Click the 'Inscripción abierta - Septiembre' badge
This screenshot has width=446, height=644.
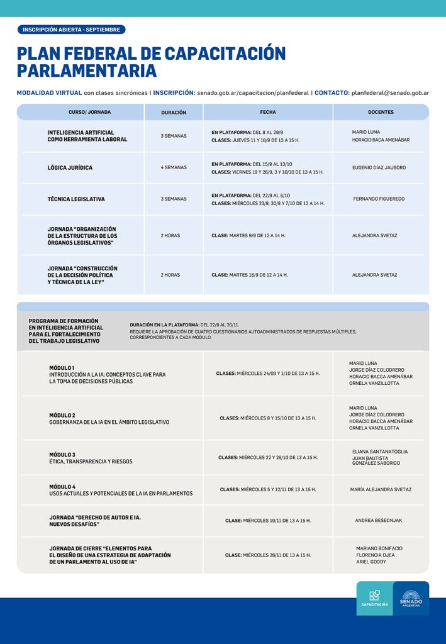tap(71, 30)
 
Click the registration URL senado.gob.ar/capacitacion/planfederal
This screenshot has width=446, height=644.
tap(253, 93)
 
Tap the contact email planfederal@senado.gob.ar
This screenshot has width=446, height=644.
tap(390, 93)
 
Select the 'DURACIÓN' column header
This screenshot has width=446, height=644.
tap(174, 113)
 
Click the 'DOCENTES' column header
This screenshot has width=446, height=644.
tap(381, 112)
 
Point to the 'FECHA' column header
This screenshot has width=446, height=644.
tap(268, 112)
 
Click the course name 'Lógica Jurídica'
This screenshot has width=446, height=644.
tap(70, 168)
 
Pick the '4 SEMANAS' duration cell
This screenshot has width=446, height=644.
tap(174, 168)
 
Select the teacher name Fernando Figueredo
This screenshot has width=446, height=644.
tap(379, 199)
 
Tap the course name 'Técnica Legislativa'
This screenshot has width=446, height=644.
tap(76, 199)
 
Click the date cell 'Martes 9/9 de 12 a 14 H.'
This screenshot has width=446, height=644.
tap(248, 235)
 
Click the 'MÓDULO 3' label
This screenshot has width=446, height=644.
tap(62, 454)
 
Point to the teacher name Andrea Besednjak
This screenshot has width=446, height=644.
tap(379, 521)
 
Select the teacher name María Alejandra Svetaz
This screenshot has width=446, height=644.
tap(381, 489)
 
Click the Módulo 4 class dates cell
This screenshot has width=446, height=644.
tap(268, 489)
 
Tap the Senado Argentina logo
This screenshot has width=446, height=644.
tap(411, 598)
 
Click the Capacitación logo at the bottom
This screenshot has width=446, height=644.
tap(374, 598)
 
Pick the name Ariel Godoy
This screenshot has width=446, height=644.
tap(371, 562)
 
